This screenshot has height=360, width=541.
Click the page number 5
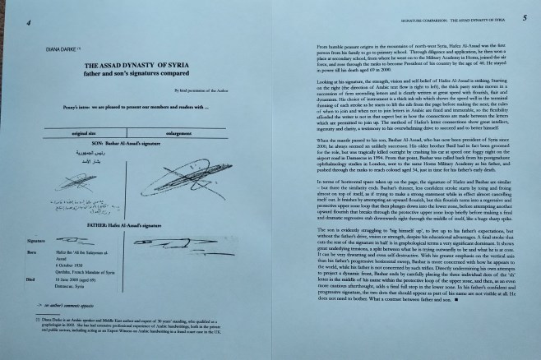pos(524,16)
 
